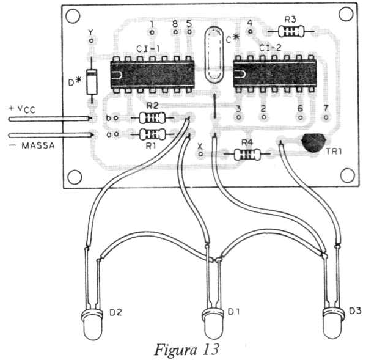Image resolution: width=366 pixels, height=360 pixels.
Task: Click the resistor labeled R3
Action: (291, 32)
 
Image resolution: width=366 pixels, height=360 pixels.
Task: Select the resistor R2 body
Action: (152, 118)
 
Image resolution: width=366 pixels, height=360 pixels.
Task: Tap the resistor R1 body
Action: (152, 134)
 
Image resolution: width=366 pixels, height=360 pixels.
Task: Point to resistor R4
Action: (247, 154)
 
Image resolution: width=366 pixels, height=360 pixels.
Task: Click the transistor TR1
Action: (313, 143)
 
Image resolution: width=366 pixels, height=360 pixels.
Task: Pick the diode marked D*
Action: (92, 82)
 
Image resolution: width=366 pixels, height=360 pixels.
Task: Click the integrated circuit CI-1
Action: (152, 75)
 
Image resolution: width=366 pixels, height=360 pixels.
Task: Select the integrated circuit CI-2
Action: (275, 74)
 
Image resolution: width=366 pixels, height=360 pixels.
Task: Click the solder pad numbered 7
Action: (326, 117)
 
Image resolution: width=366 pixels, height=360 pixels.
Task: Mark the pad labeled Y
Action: (91, 40)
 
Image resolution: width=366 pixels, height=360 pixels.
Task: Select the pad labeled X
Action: (200, 154)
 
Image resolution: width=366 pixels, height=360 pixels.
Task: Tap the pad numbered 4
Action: (250, 31)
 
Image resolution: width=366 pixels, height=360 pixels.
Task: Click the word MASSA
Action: (38, 146)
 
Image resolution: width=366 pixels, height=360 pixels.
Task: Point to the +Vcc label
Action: (22, 109)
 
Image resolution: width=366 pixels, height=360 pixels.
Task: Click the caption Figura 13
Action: (186, 350)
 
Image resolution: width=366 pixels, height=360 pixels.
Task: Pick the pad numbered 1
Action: (152, 32)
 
